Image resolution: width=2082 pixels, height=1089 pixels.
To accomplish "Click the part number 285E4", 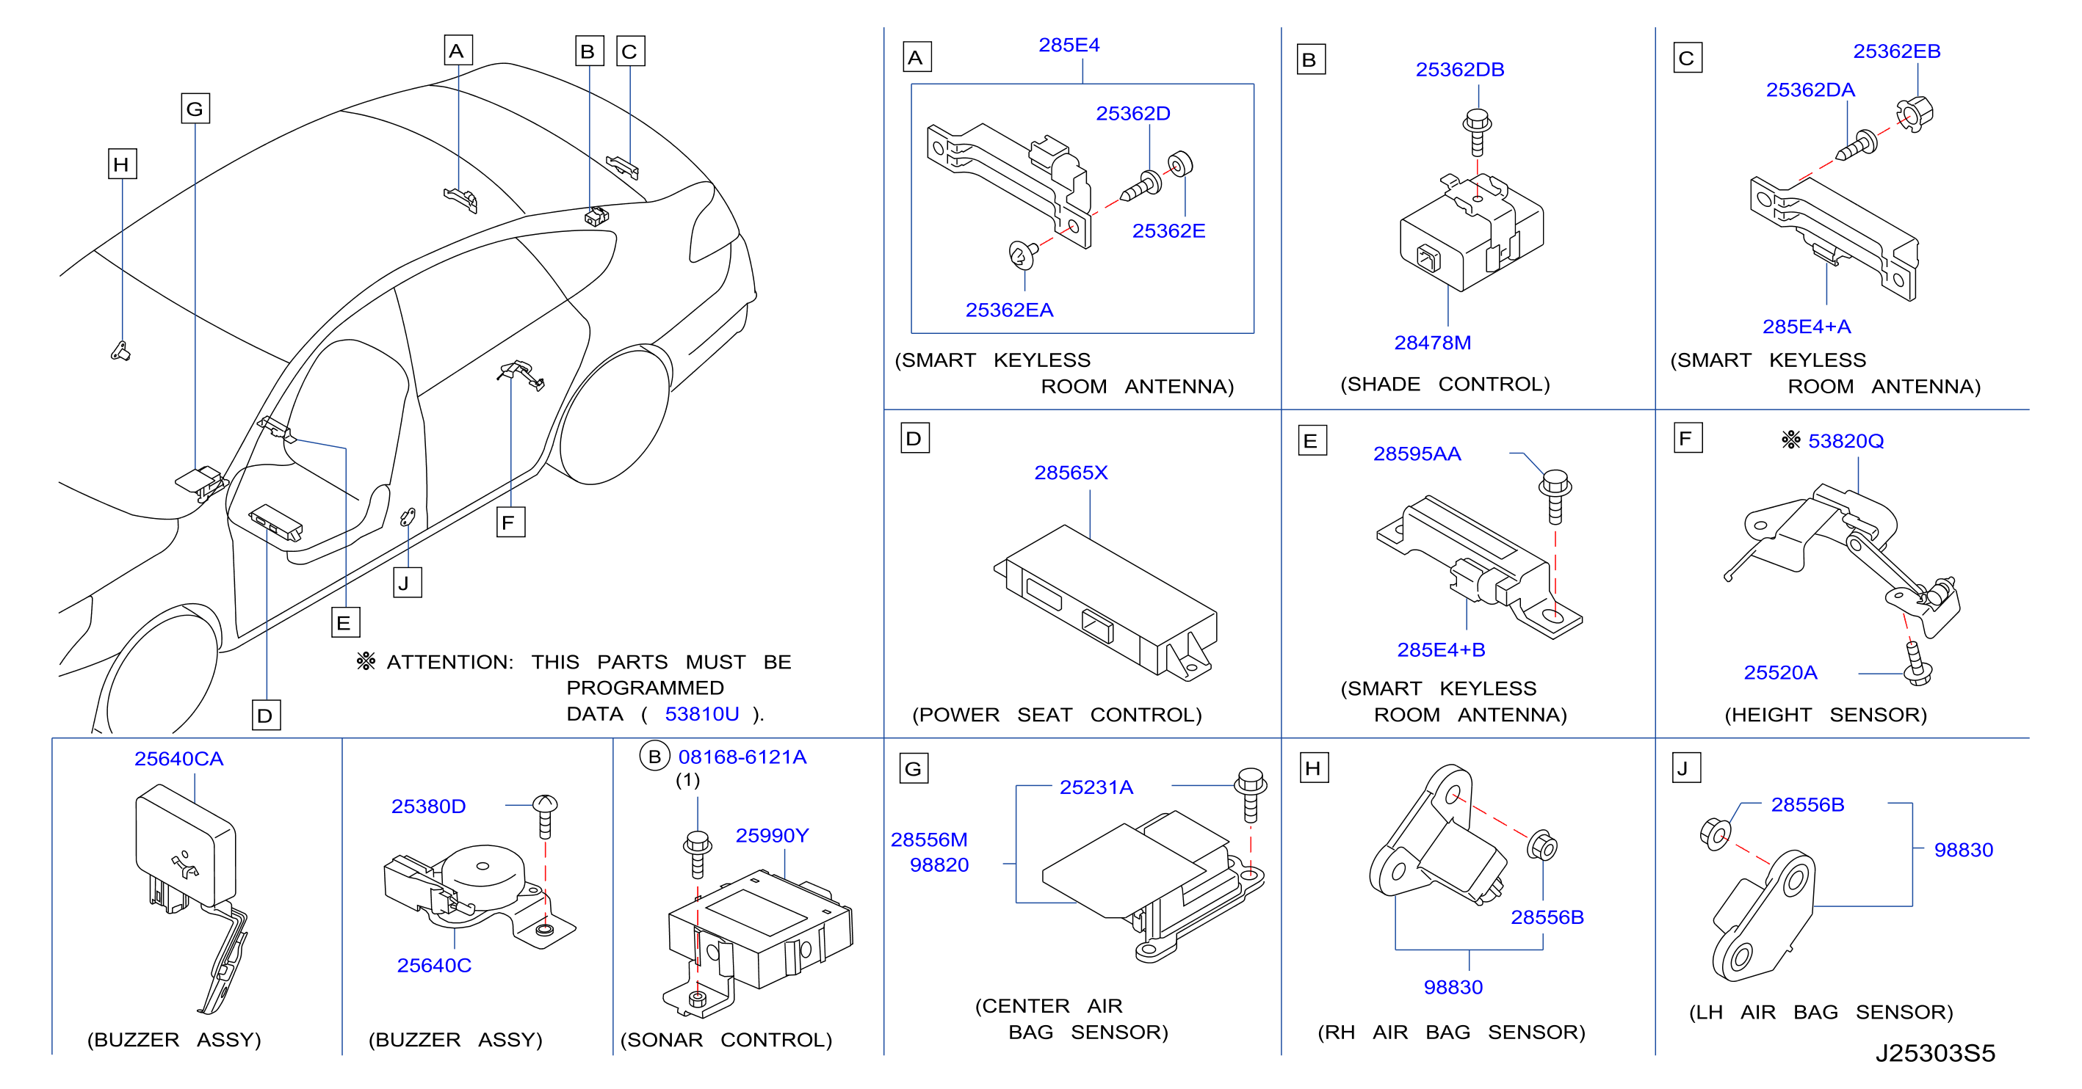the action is coord(1069,45).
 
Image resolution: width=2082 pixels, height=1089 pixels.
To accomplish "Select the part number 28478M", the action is coord(1432,343).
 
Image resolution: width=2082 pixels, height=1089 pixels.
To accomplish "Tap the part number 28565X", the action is coord(1071,473).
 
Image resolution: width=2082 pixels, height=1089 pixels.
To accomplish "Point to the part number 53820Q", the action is coord(1846,441).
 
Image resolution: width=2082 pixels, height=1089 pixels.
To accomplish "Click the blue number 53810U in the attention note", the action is coord(701,714).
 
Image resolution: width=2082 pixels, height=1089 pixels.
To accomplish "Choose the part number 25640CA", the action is coord(178,759).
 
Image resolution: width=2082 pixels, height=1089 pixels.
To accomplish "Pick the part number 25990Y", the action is coord(772,835).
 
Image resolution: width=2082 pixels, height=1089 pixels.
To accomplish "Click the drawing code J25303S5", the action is coord(1935,1054).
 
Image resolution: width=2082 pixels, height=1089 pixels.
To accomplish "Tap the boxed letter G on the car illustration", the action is coord(195,109).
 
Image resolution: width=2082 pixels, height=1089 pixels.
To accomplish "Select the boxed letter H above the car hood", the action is coord(122,164).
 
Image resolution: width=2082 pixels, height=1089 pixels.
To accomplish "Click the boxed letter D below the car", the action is coord(266,715).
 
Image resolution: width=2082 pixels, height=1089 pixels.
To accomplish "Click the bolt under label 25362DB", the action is coord(1477,131).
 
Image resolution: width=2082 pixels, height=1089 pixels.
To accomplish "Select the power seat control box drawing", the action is coord(1106,602).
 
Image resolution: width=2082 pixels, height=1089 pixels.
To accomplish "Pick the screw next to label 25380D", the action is coord(545,817).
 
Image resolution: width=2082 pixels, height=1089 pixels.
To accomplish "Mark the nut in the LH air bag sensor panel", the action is coord(1715,834).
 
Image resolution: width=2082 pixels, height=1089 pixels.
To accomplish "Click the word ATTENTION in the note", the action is coord(449,663).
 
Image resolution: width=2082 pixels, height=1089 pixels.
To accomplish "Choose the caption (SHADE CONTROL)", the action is coord(1445,385).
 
